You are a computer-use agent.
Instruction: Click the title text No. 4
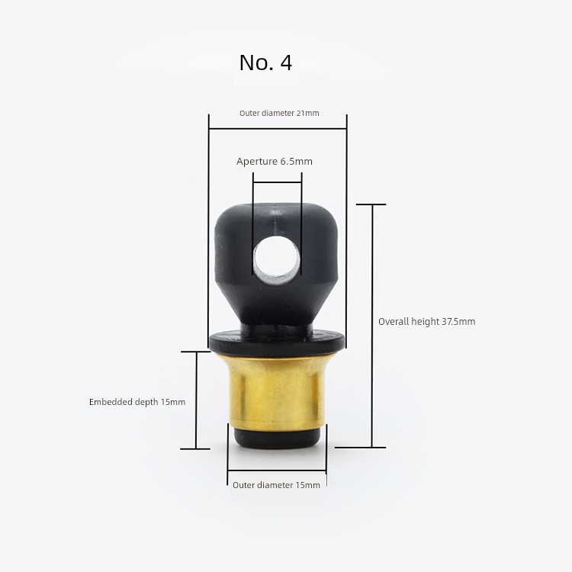pos(265,63)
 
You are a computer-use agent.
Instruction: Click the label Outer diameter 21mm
pos(279,113)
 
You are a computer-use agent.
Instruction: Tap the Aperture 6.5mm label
pos(275,161)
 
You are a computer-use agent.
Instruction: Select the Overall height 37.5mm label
pos(426,321)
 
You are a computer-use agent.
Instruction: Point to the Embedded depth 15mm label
pos(137,402)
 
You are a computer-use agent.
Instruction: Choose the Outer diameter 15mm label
pos(276,485)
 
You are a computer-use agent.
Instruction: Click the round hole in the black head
pos(277,260)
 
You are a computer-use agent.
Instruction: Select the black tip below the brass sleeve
pos(277,439)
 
